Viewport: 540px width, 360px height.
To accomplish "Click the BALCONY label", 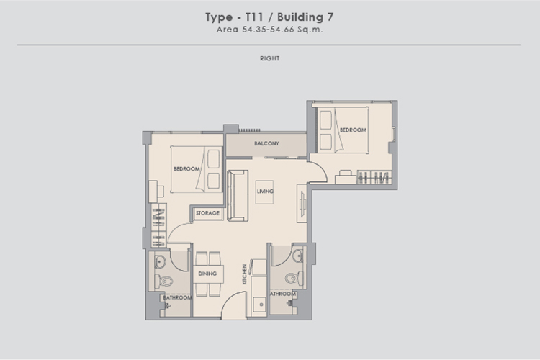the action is [x=266, y=143].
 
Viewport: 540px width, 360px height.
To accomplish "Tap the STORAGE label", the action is [x=207, y=213].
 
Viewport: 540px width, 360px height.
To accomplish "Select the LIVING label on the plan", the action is [x=265, y=192].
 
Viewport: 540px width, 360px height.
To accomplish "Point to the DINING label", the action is [x=207, y=274].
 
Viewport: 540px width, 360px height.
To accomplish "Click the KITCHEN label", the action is [x=245, y=274].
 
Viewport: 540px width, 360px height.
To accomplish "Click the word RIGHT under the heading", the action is [x=270, y=58].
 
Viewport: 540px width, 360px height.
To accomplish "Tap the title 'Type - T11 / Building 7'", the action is [x=269, y=17].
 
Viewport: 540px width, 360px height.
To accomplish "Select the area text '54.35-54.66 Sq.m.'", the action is [x=282, y=30].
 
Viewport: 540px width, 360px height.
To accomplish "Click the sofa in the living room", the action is [x=238, y=195].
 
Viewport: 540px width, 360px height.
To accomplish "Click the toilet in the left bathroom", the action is [x=163, y=281].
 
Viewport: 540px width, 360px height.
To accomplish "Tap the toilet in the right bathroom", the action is [x=294, y=278].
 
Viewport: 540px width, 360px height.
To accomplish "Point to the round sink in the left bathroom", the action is [x=160, y=261].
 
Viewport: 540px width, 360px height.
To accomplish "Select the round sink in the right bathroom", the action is [x=298, y=256].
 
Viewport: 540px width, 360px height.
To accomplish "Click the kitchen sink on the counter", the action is [x=259, y=305].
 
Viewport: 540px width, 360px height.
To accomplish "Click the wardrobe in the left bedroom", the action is [x=158, y=225].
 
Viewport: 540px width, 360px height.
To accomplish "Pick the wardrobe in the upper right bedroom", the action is [x=374, y=177].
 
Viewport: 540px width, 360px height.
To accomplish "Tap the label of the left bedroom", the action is [x=186, y=168].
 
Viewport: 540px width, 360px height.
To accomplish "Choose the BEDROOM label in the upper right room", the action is [x=353, y=130].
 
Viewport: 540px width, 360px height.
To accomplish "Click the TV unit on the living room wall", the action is [x=302, y=204].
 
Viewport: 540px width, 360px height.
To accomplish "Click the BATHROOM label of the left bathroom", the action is [x=177, y=297].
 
